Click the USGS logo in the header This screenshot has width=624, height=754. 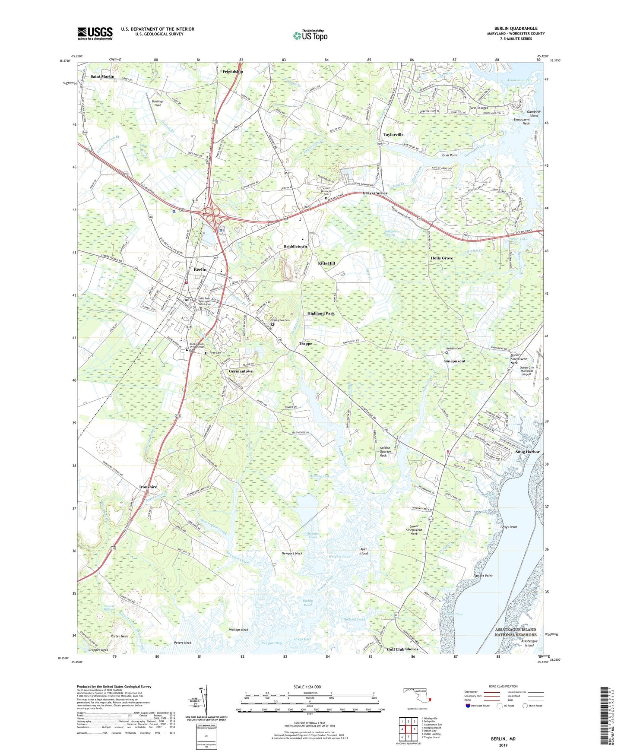click(x=95, y=33)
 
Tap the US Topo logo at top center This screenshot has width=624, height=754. click(x=310, y=35)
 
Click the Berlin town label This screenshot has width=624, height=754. click(x=200, y=269)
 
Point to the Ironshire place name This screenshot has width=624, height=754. click(x=148, y=487)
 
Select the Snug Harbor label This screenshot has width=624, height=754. click(x=527, y=452)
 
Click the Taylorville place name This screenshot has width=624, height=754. click(x=393, y=135)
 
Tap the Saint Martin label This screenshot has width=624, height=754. click(x=102, y=76)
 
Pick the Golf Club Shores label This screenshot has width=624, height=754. click(x=402, y=649)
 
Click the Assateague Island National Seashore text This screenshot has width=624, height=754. click(x=516, y=632)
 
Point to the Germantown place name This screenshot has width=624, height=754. click(x=241, y=371)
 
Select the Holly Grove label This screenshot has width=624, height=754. click(x=442, y=258)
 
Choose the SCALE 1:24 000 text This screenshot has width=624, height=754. click(x=307, y=687)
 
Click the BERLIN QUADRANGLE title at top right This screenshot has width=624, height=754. click(x=516, y=29)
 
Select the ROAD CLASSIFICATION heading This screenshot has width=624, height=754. click(x=503, y=686)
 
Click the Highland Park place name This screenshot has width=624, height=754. click(x=321, y=313)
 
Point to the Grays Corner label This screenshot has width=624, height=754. click(x=375, y=193)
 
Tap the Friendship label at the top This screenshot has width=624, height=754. click(x=233, y=72)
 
